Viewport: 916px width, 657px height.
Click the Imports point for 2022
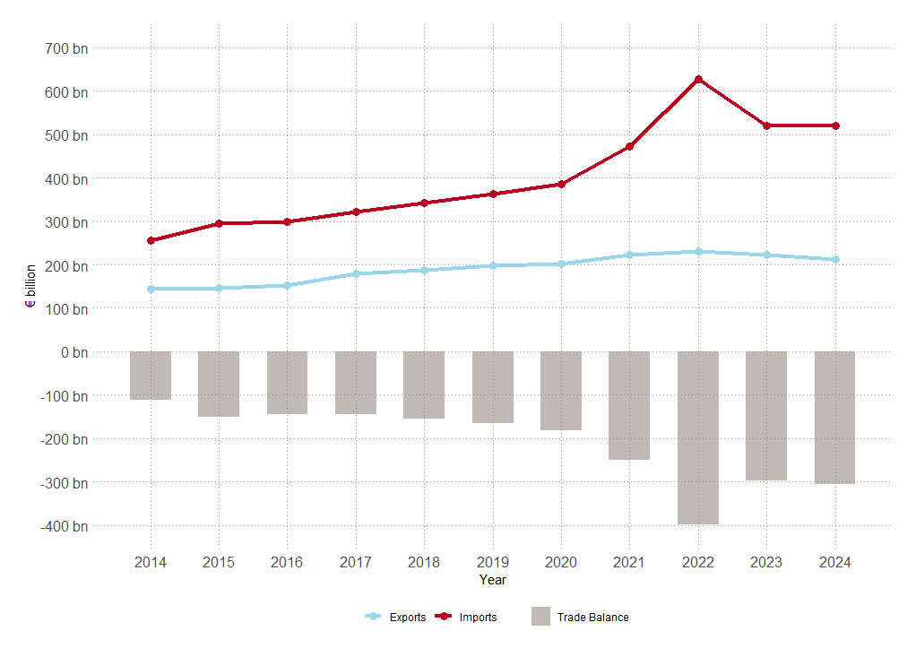click(698, 80)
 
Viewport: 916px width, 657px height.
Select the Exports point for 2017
click(356, 273)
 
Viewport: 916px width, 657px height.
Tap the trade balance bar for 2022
click(698, 437)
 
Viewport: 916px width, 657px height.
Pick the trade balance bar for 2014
click(151, 376)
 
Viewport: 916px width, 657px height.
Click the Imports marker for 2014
click(151, 240)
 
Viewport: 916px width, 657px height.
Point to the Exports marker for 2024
click(835, 259)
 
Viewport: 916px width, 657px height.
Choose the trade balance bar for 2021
click(629, 405)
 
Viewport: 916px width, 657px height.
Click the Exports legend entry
click(394, 617)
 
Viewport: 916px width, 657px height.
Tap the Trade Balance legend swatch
click(540, 617)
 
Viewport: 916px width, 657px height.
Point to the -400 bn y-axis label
click(64, 526)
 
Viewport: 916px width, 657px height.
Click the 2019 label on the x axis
click(492, 562)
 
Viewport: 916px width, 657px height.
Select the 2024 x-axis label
click(835, 562)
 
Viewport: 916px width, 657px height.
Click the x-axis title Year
click(492, 580)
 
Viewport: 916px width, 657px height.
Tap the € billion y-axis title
click(30, 287)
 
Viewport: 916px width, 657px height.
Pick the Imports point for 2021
click(629, 146)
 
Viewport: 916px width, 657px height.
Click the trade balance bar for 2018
click(424, 385)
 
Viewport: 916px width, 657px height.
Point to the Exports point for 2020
click(561, 264)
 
